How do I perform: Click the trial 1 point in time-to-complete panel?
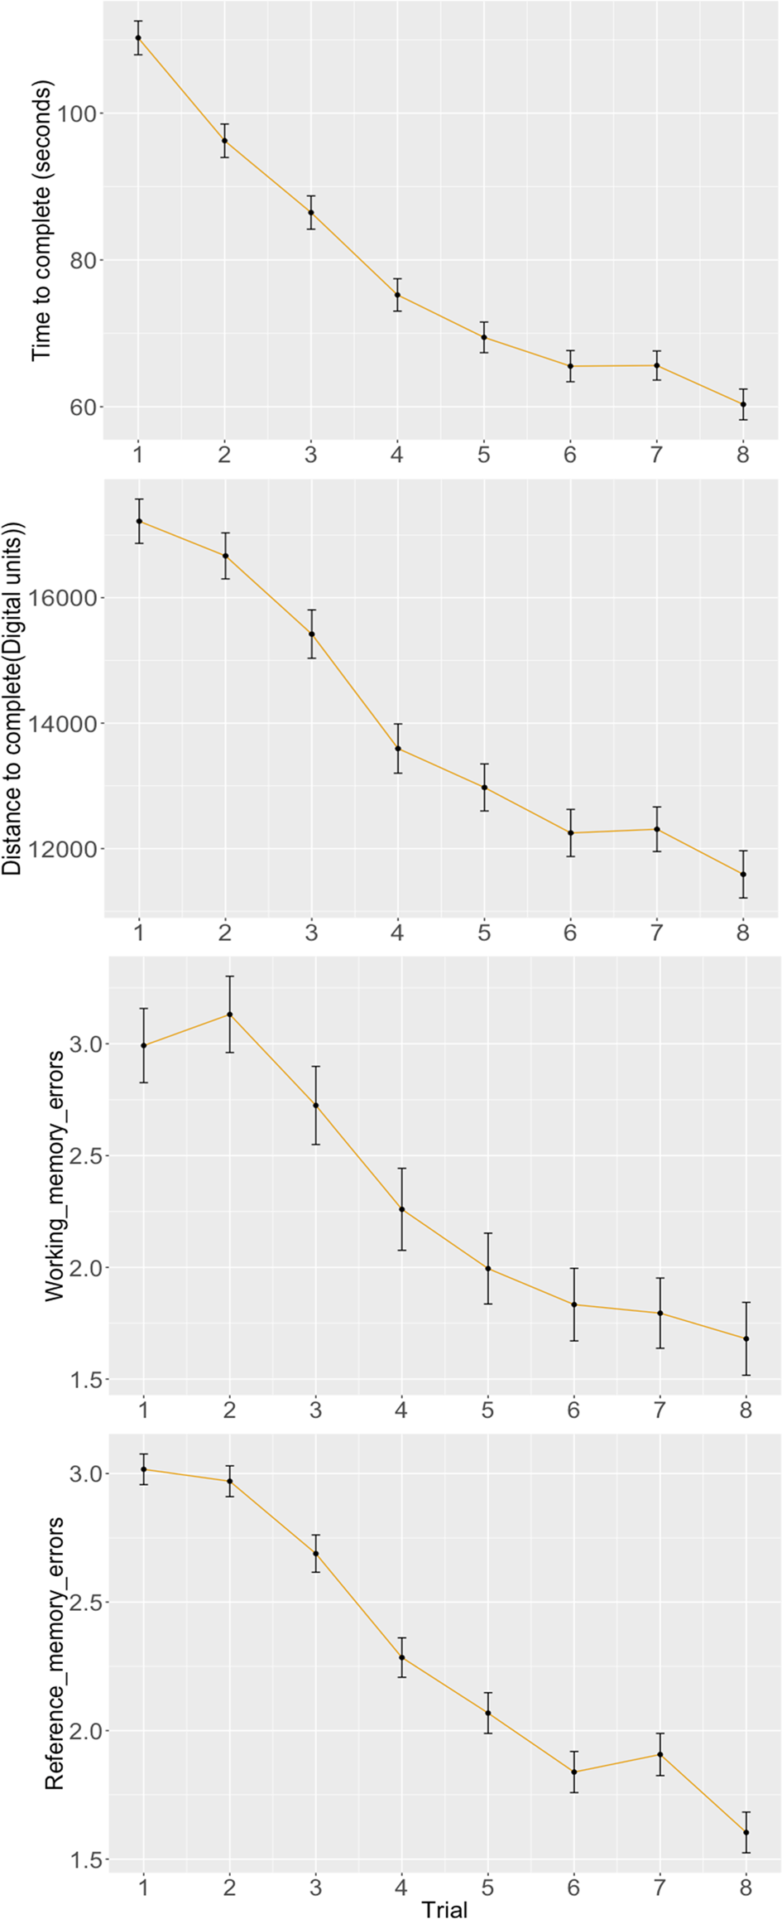138,37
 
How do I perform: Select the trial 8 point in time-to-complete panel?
743,404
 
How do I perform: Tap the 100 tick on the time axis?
77,113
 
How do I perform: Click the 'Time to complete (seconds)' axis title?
41,220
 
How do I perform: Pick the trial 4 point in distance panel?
398,749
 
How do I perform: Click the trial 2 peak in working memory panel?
229,1015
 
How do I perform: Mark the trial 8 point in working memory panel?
746,1338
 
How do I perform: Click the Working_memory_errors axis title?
55,1177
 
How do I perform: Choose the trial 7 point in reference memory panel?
660,1754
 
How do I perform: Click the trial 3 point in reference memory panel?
315,1553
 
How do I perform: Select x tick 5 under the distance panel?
484,933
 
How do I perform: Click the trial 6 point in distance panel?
571,832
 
